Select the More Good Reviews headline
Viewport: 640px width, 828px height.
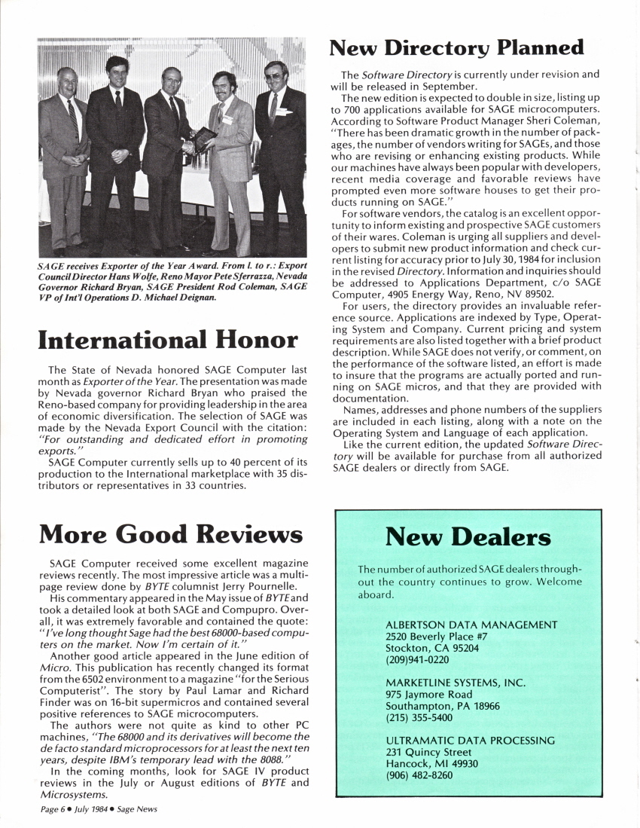pyautogui.click(x=172, y=534)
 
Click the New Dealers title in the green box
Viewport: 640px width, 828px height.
pyautogui.click(x=468, y=537)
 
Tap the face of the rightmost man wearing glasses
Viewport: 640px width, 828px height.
pyautogui.click(x=276, y=79)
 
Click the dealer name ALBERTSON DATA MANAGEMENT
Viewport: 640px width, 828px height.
pyautogui.click(x=471, y=625)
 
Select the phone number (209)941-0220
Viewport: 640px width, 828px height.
pyautogui.click(x=416, y=660)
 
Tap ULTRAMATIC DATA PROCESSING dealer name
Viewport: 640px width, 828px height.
pyautogui.click(x=469, y=741)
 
